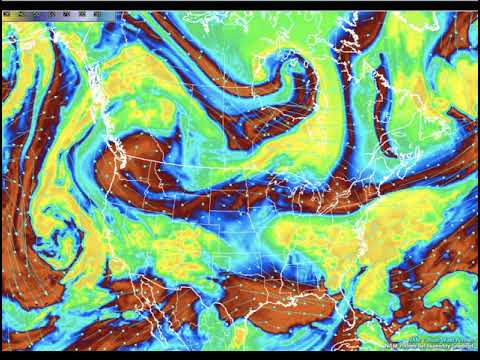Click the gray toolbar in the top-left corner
(50, 15)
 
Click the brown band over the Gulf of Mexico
(290, 290)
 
